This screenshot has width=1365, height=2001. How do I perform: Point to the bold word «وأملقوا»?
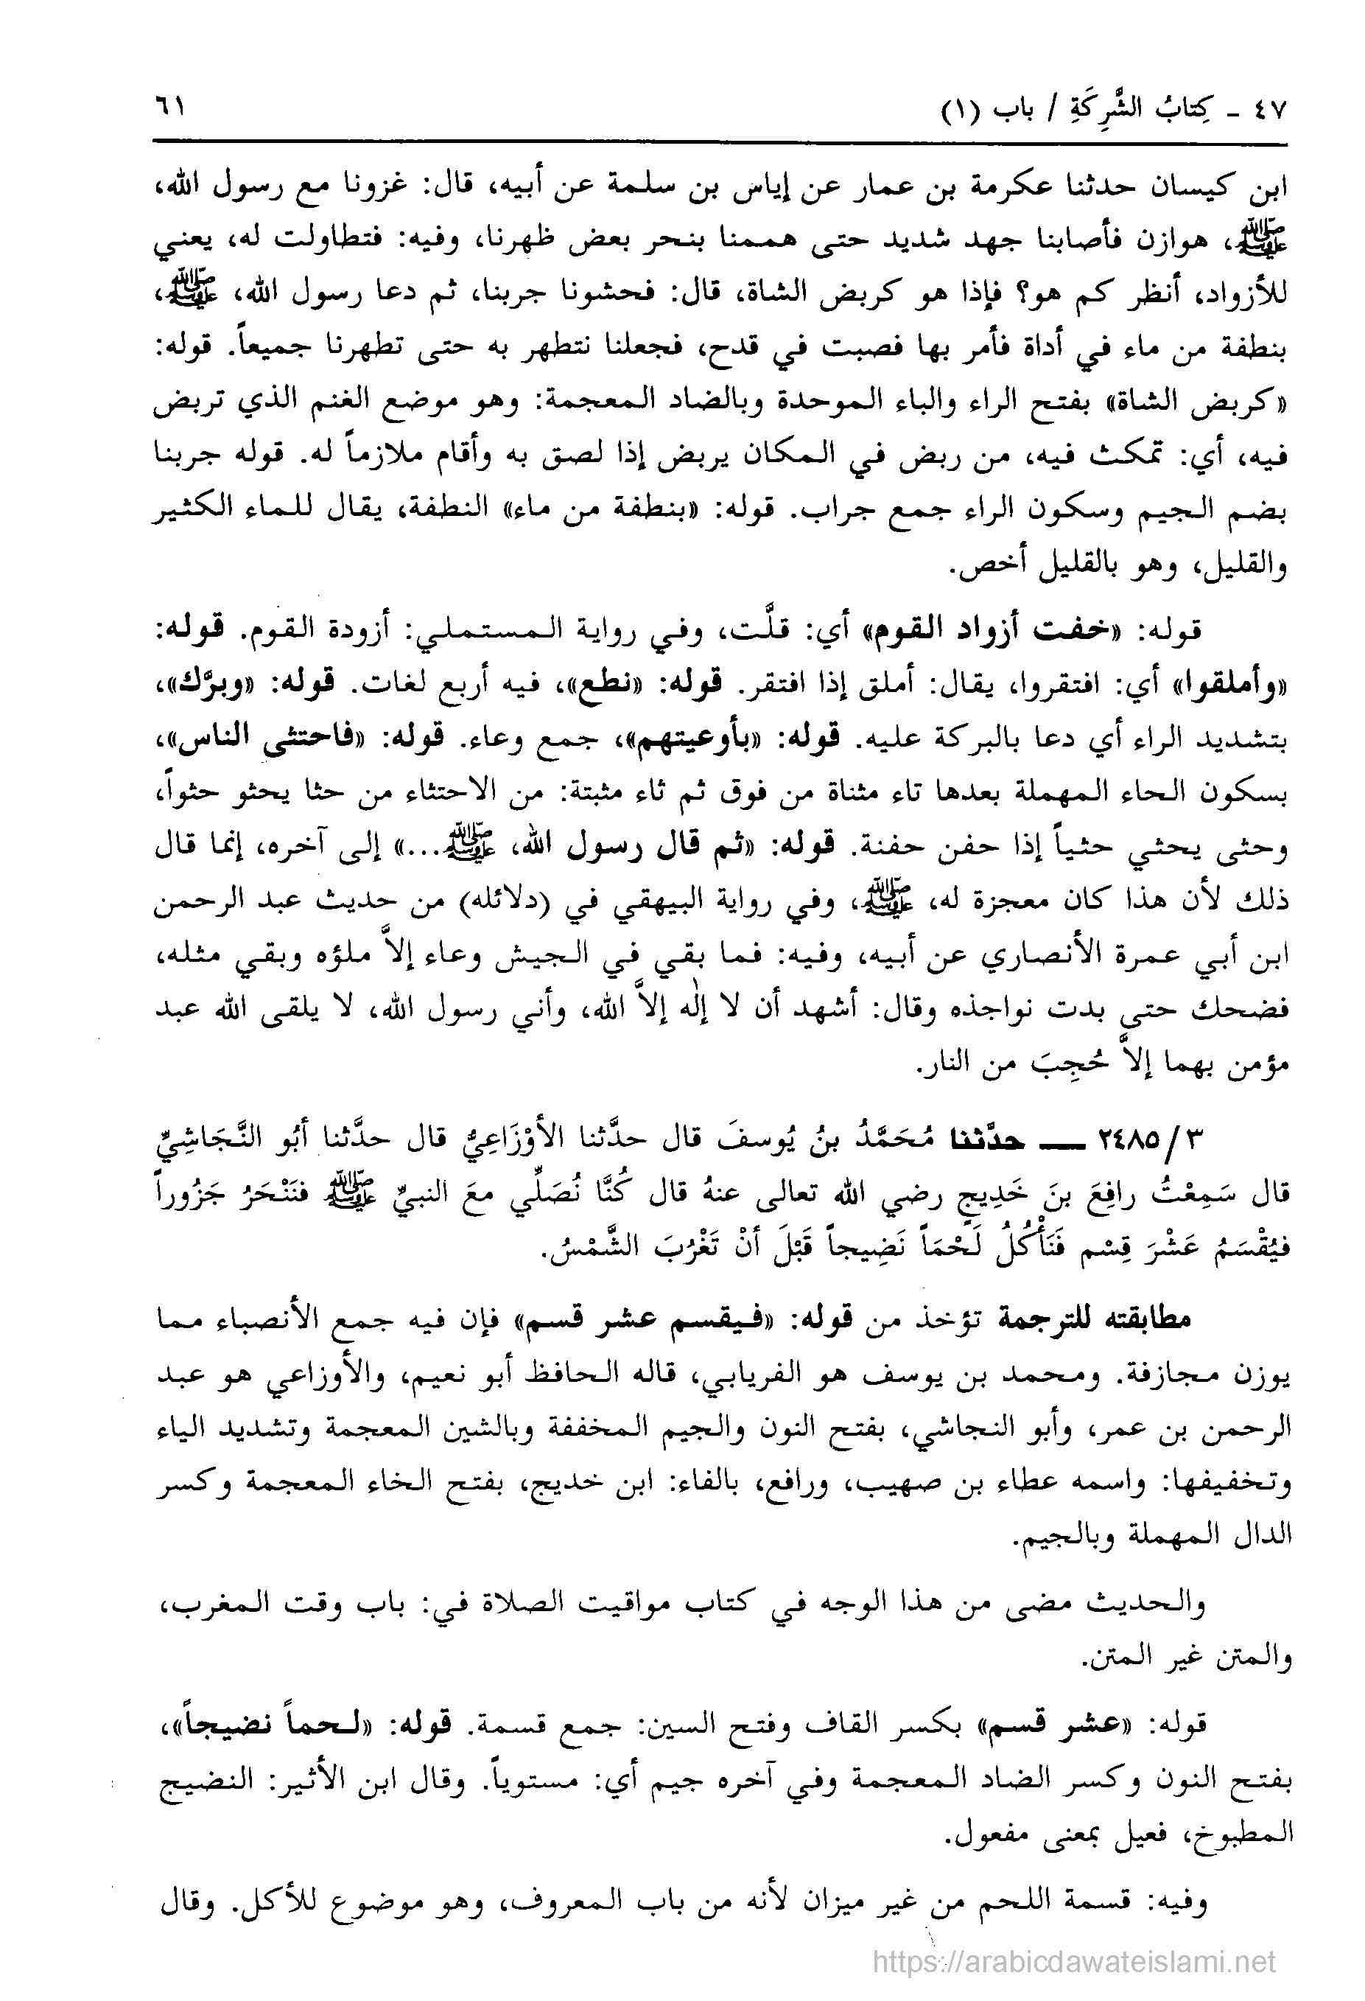[x=1242, y=681]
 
